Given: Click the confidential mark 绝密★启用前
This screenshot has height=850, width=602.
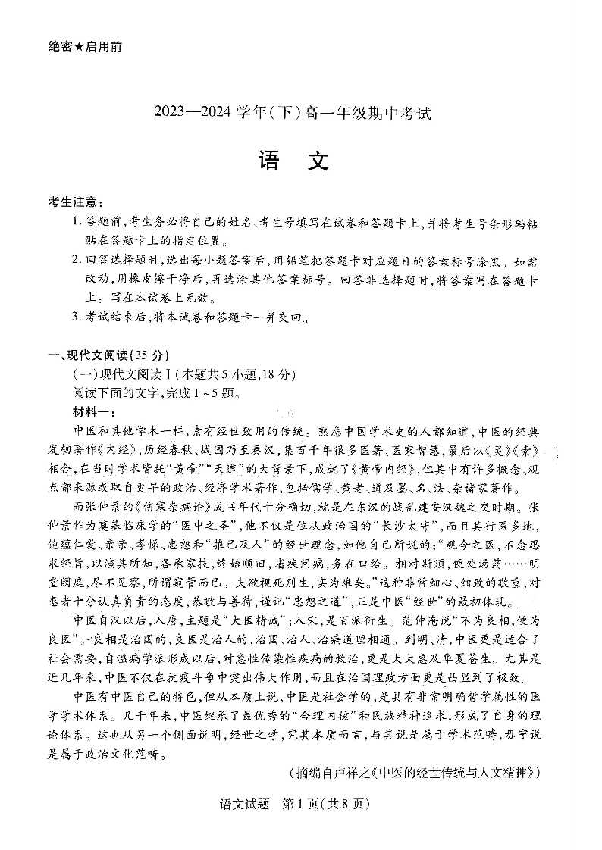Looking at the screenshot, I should pos(85,46).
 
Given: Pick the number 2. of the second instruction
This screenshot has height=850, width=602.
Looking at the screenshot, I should pos(77,261).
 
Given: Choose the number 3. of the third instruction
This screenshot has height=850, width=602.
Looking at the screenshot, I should pos(77,317).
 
